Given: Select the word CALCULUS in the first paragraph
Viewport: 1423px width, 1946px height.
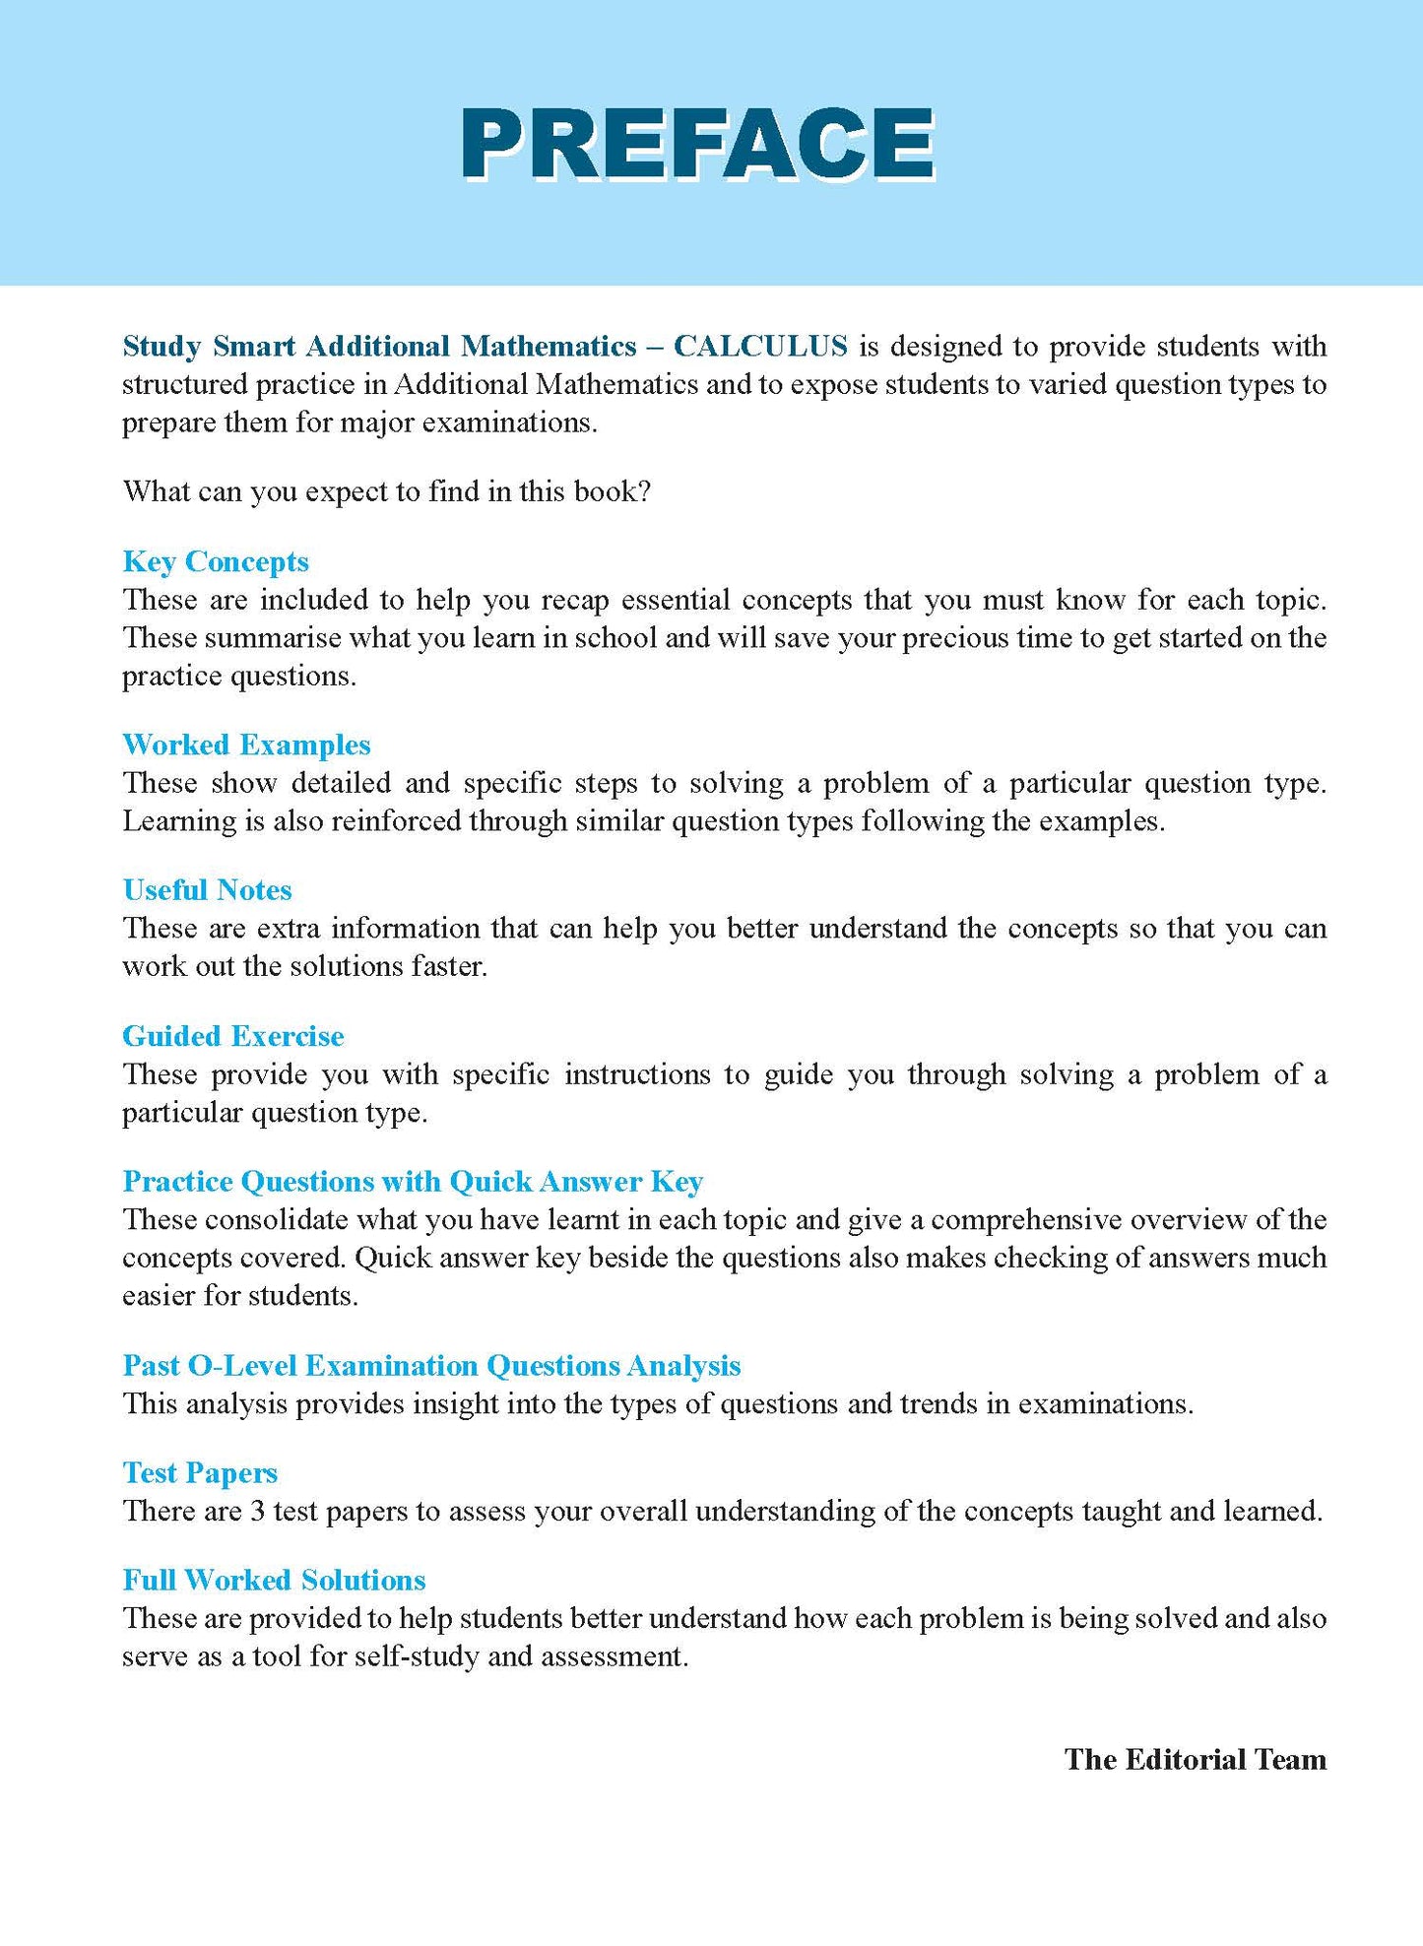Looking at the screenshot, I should [x=760, y=346].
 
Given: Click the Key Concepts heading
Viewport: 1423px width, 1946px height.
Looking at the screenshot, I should [x=216, y=561].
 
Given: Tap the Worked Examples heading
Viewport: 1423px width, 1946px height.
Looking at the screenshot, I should [x=246, y=745].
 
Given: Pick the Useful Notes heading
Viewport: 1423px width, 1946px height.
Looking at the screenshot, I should [x=207, y=890].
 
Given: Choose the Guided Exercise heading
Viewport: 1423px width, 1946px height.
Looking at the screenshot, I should [x=233, y=1036].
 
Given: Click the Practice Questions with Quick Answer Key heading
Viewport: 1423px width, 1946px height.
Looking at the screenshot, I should [x=413, y=1181].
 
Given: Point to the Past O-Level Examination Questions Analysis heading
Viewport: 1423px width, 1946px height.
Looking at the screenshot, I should [x=431, y=1365].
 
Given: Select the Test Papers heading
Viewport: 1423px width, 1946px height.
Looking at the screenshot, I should [x=200, y=1472].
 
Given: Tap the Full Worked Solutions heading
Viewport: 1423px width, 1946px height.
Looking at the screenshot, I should [x=274, y=1580].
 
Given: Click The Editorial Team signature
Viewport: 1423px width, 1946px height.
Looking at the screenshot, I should [x=1195, y=1759].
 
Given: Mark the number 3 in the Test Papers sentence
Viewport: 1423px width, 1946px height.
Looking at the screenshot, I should [x=257, y=1511].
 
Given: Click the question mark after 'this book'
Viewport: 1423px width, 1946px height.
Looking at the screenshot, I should [x=644, y=491].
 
